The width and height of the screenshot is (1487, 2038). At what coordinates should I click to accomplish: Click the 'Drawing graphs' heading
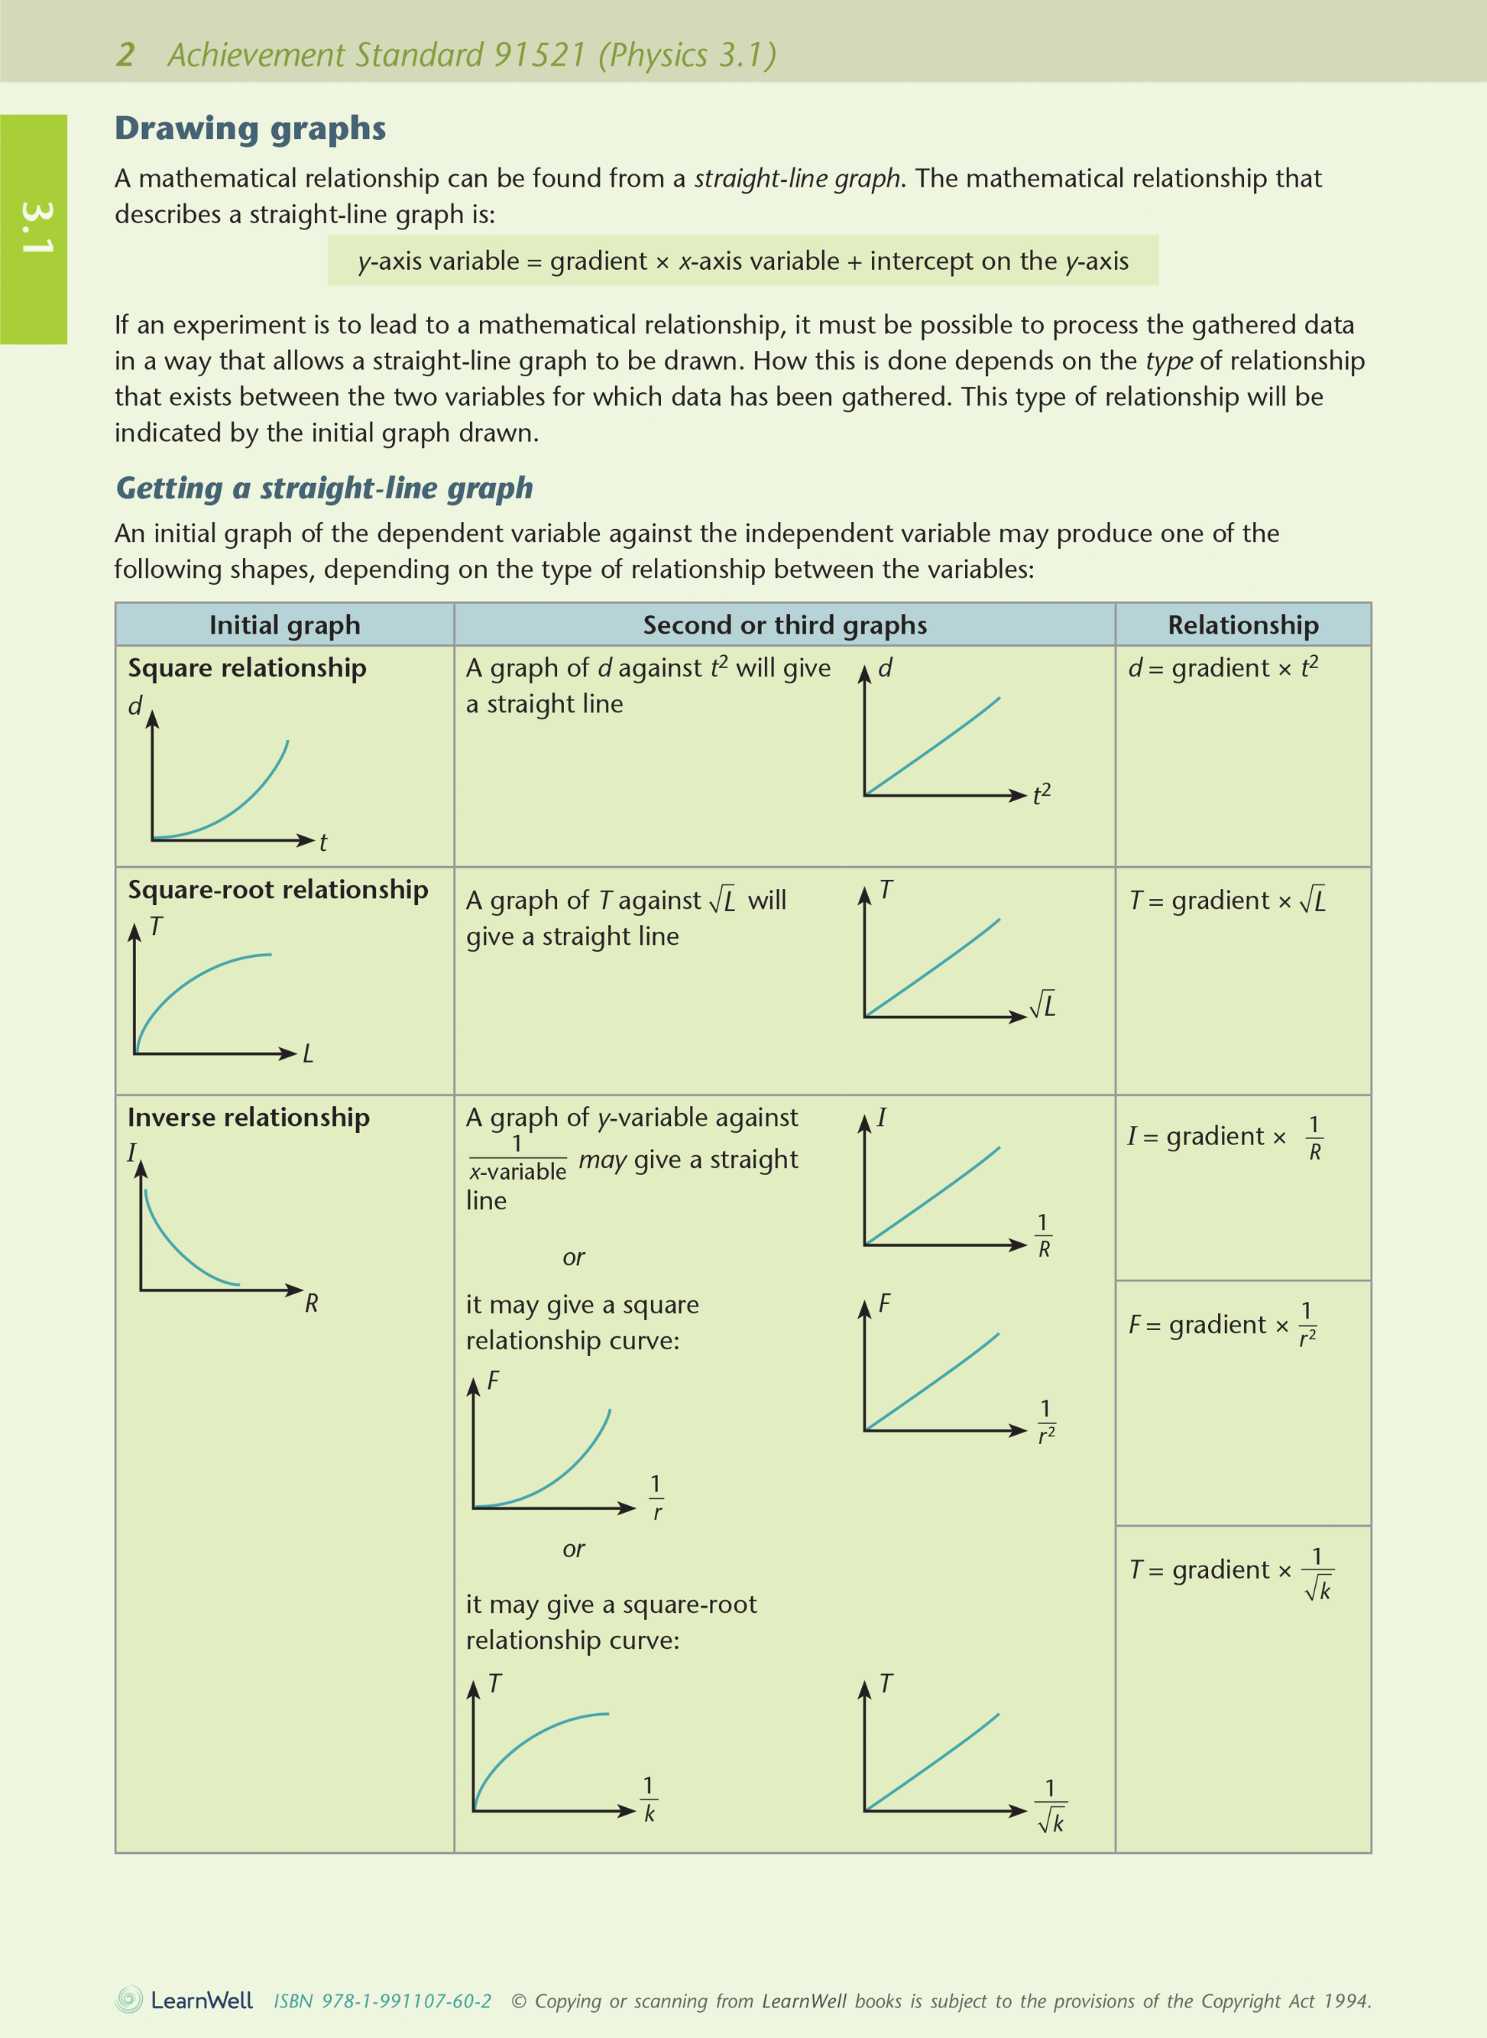(x=249, y=128)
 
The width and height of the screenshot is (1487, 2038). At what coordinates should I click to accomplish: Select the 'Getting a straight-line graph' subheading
(x=324, y=488)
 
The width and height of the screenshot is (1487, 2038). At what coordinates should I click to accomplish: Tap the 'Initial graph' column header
(x=284, y=625)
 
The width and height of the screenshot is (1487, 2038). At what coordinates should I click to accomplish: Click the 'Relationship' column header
(x=1242, y=625)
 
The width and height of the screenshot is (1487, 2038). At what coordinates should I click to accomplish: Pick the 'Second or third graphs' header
(x=784, y=625)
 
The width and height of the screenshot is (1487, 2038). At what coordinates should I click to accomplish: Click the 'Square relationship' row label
(x=247, y=668)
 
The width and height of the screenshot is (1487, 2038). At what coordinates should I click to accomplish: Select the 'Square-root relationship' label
(x=277, y=890)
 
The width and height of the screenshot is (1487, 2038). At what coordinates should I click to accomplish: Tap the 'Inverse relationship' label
(x=248, y=1118)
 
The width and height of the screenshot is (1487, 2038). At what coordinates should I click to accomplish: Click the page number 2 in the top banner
(x=125, y=55)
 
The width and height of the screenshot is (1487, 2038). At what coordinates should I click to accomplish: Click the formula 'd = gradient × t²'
(x=1223, y=668)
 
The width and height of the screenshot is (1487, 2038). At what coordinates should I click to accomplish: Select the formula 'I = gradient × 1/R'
(x=1224, y=1137)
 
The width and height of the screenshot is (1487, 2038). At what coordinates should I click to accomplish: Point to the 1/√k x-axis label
(x=1051, y=1806)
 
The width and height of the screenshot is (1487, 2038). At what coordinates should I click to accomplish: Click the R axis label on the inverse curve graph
(x=312, y=1303)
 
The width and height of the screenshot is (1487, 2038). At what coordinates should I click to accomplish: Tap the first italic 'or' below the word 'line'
(x=573, y=1258)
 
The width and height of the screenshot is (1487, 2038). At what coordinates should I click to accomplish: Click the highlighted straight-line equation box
(x=743, y=261)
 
